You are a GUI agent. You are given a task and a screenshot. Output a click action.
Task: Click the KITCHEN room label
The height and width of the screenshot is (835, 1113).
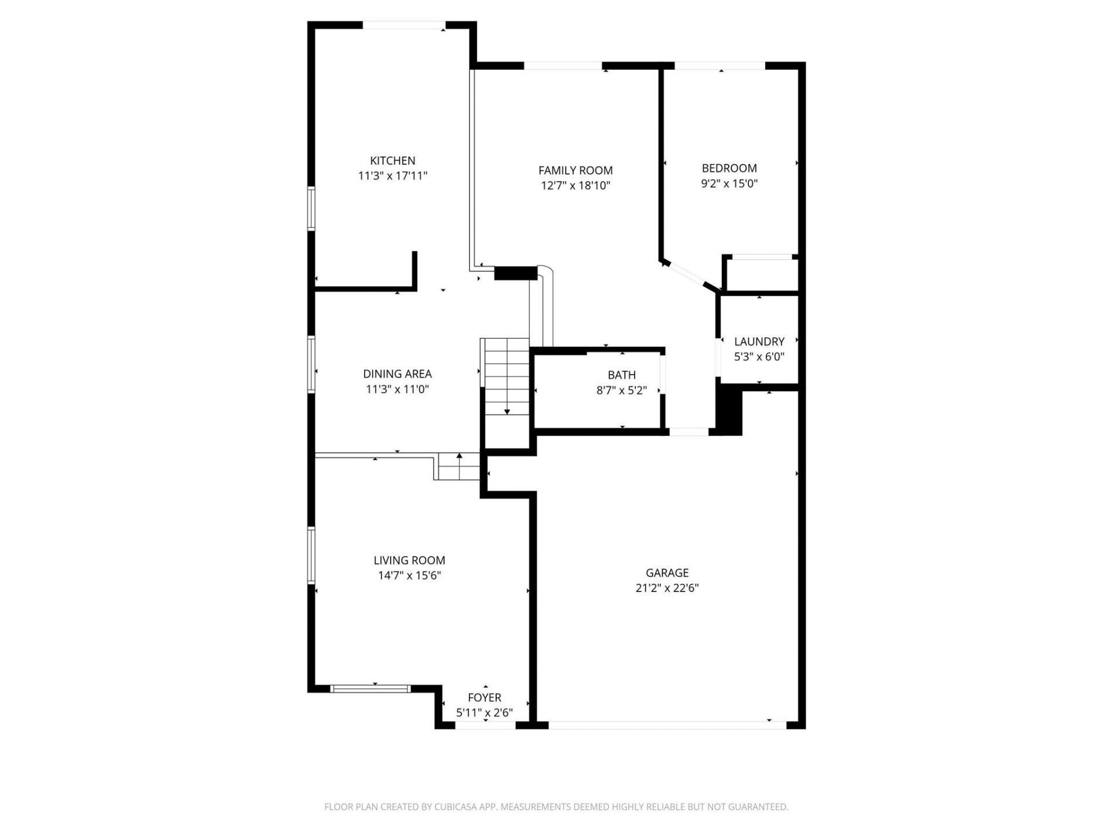point(392,161)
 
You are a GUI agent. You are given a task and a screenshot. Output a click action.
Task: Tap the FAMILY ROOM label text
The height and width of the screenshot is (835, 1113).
point(575,170)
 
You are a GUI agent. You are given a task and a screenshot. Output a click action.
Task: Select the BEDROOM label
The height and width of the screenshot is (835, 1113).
point(729,168)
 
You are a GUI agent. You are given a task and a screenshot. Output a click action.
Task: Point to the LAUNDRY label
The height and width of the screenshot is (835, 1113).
point(759,342)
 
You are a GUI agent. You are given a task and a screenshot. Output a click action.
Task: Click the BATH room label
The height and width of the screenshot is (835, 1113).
point(621,375)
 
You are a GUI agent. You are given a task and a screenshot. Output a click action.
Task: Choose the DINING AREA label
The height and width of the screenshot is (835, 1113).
point(397,374)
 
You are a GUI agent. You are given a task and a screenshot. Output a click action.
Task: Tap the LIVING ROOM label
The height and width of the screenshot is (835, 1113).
point(409,560)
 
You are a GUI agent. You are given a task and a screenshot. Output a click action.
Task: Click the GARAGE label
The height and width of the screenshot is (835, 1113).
point(667,573)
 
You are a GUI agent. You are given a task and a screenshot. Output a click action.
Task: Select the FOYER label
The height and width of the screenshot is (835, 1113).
point(485,698)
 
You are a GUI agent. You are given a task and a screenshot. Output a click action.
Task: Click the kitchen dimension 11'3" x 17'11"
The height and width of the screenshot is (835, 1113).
point(392,176)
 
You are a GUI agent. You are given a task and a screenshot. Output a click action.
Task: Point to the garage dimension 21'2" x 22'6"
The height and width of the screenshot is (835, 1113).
point(667,588)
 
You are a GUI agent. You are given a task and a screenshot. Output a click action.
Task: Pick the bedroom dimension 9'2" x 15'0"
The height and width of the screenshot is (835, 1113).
point(729,184)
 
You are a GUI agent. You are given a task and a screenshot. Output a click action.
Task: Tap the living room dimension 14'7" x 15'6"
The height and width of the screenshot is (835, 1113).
point(409,576)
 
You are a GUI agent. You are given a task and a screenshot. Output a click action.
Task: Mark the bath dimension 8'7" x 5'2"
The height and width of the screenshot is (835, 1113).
point(621,390)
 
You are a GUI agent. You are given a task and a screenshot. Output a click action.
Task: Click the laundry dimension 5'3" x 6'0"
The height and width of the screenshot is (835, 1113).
point(759,357)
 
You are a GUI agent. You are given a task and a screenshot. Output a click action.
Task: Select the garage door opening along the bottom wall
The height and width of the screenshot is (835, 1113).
point(667,725)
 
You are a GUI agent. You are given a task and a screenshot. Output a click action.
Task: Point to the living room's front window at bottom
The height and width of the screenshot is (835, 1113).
point(370,689)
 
